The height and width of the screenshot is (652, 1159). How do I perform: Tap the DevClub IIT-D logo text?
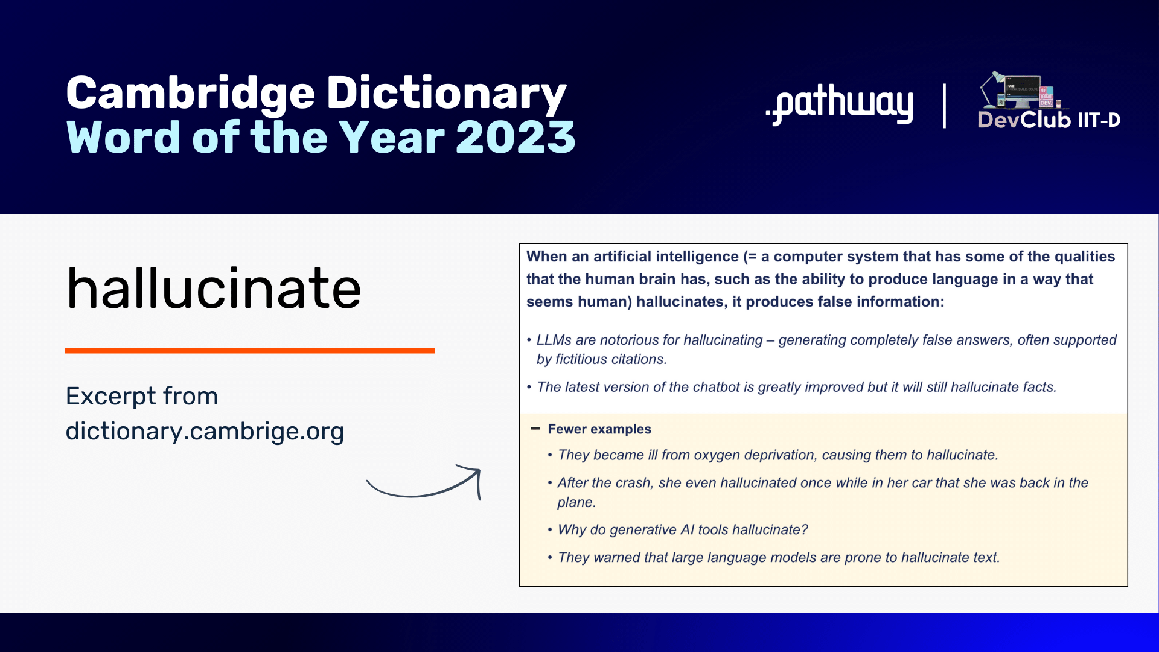coord(1049,120)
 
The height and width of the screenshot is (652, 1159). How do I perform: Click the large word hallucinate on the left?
coord(214,288)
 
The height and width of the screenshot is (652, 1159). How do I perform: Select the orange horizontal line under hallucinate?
coord(250,350)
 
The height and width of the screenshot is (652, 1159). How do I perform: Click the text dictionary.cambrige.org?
coord(205,432)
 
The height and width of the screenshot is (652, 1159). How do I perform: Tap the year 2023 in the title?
coord(516,138)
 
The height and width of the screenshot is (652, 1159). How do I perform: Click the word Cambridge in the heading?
coord(191,94)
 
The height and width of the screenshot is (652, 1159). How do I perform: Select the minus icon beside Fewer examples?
coord(535,429)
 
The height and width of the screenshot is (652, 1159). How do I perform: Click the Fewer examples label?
coord(599,429)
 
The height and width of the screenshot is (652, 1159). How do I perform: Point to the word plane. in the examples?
coord(576,502)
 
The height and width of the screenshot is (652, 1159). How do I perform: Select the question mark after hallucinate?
coord(804,529)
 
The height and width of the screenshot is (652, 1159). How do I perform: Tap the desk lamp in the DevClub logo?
coord(991,88)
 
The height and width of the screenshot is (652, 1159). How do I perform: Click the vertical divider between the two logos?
coord(945,106)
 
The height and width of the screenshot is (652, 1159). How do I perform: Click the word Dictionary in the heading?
coord(446,94)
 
